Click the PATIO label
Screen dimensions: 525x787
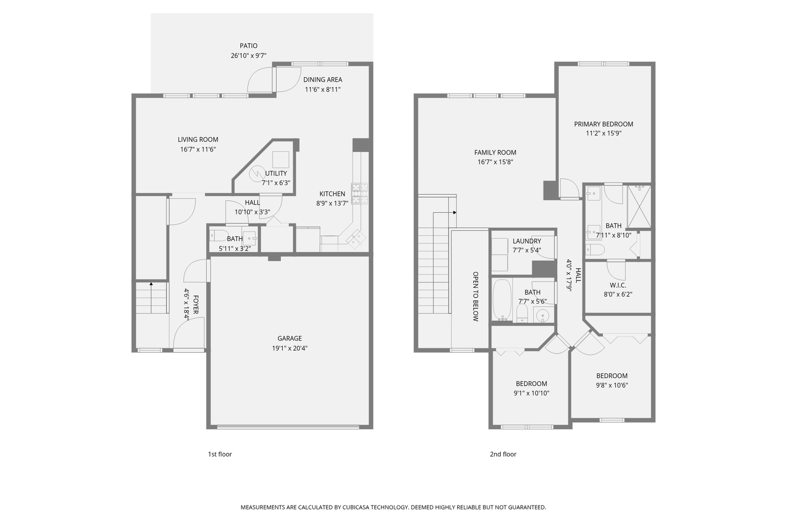click(x=248, y=46)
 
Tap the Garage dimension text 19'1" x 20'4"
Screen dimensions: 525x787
click(x=290, y=348)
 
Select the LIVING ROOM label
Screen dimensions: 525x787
click(x=198, y=140)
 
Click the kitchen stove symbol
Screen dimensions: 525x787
click(x=360, y=193)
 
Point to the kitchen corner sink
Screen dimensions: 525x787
click(x=356, y=238)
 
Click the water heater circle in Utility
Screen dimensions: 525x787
click(x=256, y=173)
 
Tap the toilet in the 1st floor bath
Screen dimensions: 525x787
click(x=218, y=236)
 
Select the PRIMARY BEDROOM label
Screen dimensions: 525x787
click(x=603, y=124)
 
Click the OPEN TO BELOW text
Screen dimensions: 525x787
click(x=476, y=296)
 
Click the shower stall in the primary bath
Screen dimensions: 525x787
click(x=639, y=207)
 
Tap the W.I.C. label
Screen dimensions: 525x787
click(x=618, y=285)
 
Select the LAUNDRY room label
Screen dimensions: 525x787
click(x=527, y=241)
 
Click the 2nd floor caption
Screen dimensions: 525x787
click(x=503, y=454)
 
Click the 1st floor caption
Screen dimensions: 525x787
click(x=220, y=454)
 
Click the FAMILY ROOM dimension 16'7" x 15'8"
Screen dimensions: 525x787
click(x=495, y=162)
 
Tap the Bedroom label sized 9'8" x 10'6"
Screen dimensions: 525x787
click(x=612, y=376)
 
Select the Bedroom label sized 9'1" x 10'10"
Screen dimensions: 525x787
click(x=531, y=384)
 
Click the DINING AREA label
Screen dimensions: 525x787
click(x=323, y=80)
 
